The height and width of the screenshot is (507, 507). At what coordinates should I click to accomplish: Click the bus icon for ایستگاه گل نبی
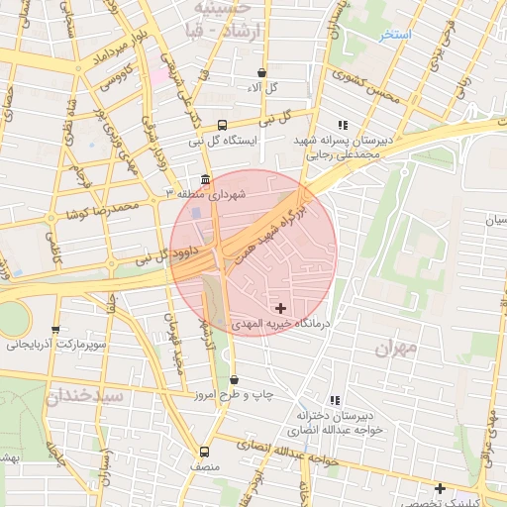tap(222, 126)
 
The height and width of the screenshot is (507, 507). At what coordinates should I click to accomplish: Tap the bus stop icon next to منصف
tap(205, 451)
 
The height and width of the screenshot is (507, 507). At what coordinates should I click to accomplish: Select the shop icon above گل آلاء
tap(261, 72)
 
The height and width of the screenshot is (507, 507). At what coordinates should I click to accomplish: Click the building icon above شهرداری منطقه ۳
tap(205, 180)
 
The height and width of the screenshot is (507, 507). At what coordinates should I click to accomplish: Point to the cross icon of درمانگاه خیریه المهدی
tap(281, 308)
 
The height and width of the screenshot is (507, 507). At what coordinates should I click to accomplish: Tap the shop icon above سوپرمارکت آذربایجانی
tap(55, 330)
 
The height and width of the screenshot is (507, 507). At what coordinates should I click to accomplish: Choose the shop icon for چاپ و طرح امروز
tap(235, 379)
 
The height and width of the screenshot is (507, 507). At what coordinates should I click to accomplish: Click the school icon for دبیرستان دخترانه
tap(335, 401)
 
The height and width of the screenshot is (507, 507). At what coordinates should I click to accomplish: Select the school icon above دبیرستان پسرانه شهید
tap(343, 125)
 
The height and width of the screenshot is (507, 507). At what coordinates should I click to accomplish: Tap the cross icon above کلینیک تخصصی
tap(440, 487)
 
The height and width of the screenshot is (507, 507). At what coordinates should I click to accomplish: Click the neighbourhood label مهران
tap(398, 349)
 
